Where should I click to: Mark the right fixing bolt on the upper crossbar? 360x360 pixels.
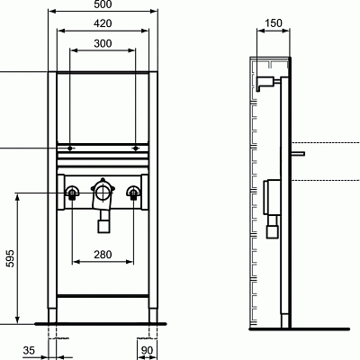click(135, 145)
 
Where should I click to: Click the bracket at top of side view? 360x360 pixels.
click(265, 83)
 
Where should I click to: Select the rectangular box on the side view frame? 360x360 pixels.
click(270, 193)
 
